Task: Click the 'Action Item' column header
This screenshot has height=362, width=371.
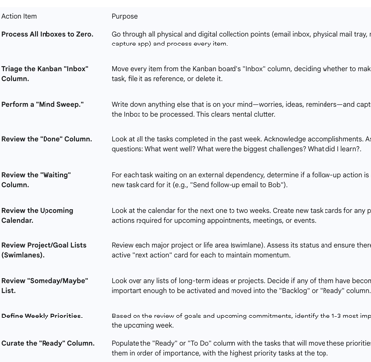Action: coord(19,16)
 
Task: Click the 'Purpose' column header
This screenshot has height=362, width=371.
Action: coord(125,16)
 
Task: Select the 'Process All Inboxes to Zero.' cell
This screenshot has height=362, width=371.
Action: coord(47,34)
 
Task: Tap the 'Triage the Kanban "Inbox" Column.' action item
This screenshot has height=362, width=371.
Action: coord(45,74)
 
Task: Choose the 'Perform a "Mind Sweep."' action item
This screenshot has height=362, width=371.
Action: coord(43,103)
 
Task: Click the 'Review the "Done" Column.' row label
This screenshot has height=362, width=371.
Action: coord(46,139)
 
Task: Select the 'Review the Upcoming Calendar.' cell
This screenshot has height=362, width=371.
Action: coord(38,216)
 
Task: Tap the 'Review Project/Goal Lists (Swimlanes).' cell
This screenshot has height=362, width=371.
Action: coord(44,250)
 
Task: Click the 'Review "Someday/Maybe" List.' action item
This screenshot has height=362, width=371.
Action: coord(44,286)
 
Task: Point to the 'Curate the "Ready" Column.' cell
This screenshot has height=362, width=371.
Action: coord(48,343)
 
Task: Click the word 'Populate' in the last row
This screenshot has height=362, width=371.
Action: coord(127,343)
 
